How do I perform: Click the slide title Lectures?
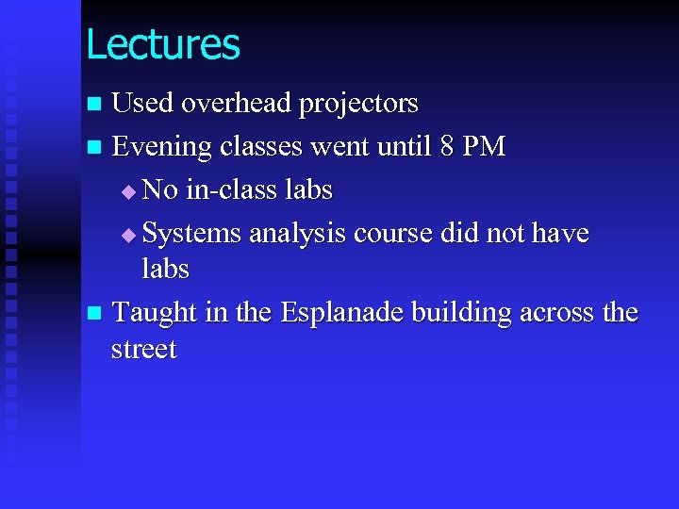tap(162, 44)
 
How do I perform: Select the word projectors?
tap(358, 105)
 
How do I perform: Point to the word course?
tap(391, 233)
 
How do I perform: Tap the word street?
tap(143, 350)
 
